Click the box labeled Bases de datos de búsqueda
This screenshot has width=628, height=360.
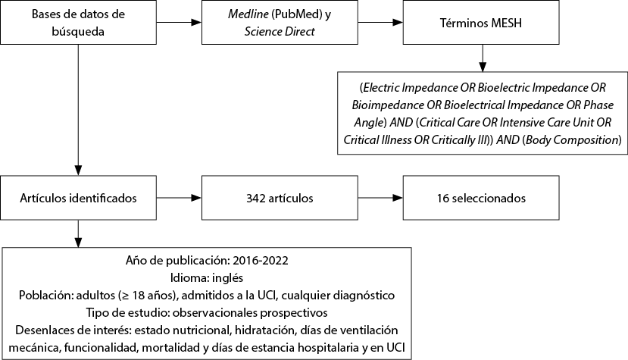click(78, 23)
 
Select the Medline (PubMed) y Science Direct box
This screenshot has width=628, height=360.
click(280, 23)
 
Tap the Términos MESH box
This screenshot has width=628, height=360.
click(481, 23)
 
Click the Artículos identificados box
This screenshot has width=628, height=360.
click(78, 198)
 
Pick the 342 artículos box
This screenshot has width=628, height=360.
click(280, 198)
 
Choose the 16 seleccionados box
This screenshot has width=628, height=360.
click(481, 198)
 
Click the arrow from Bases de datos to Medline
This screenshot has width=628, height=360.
click(179, 23)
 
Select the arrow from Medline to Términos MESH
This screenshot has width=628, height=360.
click(380, 23)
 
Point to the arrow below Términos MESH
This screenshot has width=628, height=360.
click(483, 58)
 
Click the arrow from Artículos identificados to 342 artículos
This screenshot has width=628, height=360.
click(179, 198)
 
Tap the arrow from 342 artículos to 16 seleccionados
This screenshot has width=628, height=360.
click(380, 198)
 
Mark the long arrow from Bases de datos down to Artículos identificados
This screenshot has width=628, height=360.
click(78, 110)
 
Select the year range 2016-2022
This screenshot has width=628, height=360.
click(261, 261)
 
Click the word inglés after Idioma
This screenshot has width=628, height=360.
click(227, 278)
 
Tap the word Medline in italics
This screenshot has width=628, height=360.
click(248, 14)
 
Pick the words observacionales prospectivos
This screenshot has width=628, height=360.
click(250, 313)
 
